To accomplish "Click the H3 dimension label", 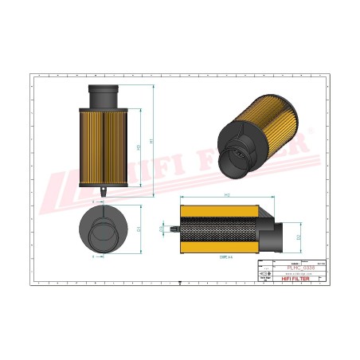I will (140, 147).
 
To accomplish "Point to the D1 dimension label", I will (140, 229).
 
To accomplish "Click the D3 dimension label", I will (162, 230).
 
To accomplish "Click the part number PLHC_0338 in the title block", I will (295, 267).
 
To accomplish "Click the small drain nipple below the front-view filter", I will (104, 191).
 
